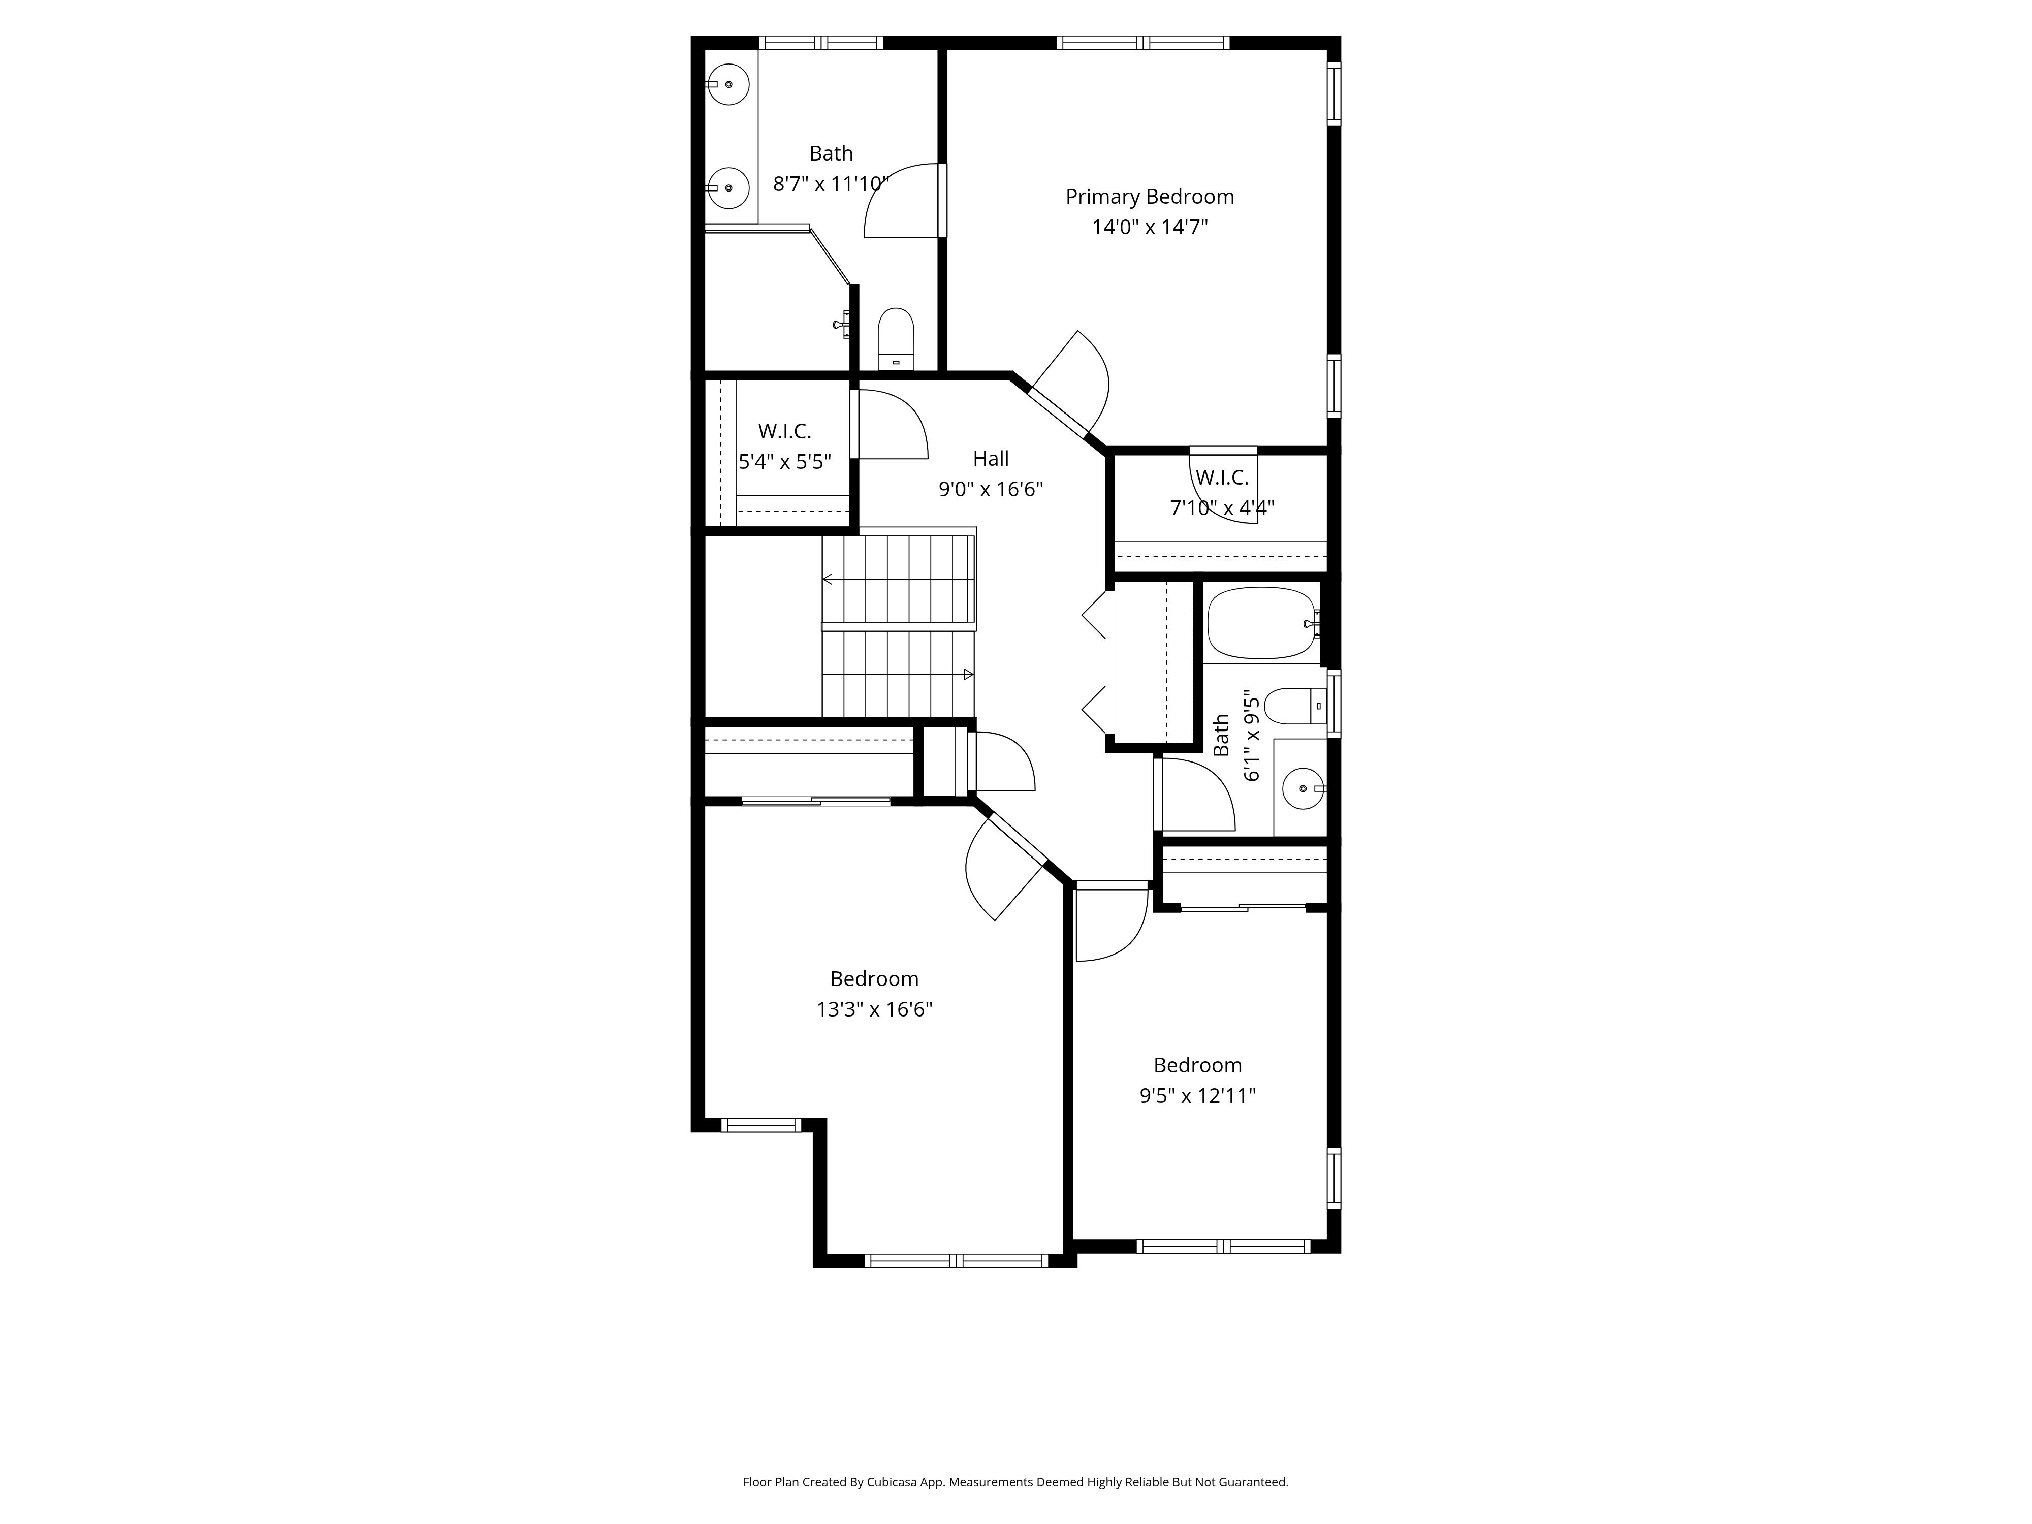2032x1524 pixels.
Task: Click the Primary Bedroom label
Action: pos(1149,197)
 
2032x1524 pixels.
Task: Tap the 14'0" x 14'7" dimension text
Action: pos(1149,227)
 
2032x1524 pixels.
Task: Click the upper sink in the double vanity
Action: pos(728,84)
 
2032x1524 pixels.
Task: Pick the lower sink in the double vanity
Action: pos(728,188)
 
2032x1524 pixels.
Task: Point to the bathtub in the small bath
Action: pos(1260,623)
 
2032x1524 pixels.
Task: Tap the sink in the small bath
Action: pos(1303,789)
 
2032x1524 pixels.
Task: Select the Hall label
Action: pos(990,458)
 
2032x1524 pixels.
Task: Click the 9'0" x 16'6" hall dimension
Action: pos(990,489)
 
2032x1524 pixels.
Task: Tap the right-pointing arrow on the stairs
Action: pos(968,674)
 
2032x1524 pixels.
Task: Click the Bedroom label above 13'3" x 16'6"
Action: pos(874,978)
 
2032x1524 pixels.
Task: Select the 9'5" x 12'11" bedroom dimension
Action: pos(1197,1095)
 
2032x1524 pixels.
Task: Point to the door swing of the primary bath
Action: pos(903,200)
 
